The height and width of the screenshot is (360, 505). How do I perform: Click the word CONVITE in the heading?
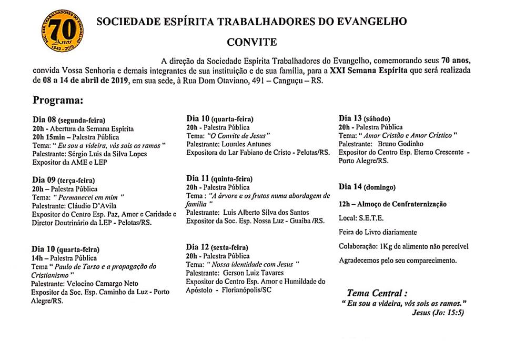click(251, 42)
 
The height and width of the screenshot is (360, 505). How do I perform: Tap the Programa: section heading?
click(59, 100)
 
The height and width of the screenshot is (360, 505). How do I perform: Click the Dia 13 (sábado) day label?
click(365, 118)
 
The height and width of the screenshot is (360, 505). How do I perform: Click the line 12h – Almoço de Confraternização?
click(392, 204)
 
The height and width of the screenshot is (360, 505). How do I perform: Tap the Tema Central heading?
click(377, 293)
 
